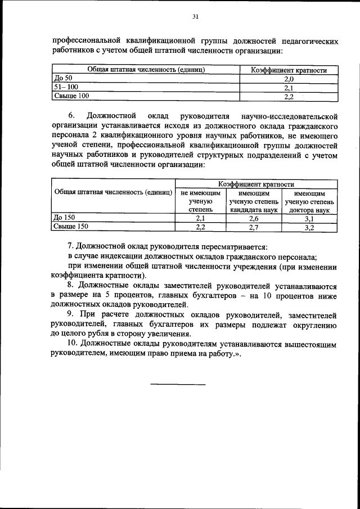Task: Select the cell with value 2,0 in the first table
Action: coord(289,79)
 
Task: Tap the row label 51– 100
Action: coord(65,88)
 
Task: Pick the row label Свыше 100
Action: coord(71,96)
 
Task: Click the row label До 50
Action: coord(62,79)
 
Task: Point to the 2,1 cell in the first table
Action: coord(289,88)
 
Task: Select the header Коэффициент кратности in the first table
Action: coord(289,70)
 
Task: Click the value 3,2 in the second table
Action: coord(309,227)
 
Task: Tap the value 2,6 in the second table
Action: coord(254,218)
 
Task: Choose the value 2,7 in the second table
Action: coord(254,227)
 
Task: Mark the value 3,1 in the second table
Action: coord(309,218)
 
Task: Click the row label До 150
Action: coord(64,218)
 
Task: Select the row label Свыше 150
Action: coord(71,227)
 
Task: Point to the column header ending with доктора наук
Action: coord(309,201)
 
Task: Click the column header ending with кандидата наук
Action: coord(254,201)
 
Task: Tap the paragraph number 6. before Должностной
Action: coord(72,116)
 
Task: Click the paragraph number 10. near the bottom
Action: coord(73,343)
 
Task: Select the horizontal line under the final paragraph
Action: coord(178,384)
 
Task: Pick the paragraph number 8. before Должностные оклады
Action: coord(71,286)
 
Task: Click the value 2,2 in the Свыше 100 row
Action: coord(289,96)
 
